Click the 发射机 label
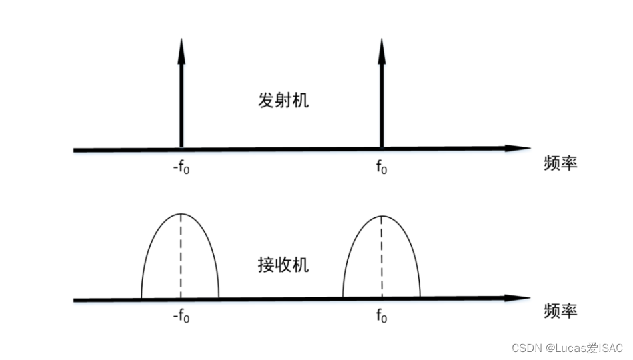tap(283, 101)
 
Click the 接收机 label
tap(283, 265)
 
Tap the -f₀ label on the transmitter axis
tap(181, 168)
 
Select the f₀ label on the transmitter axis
tap(381, 168)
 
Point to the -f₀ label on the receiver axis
tap(181, 317)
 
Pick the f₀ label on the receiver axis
tap(381, 317)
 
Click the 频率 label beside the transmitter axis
tap(560, 164)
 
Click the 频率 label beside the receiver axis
tap(560, 311)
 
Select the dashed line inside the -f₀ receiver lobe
tap(181, 257)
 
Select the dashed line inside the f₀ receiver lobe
tap(382, 257)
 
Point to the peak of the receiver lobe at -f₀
tap(181, 214)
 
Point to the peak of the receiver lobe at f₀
tap(382, 216)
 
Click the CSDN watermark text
tap(525, 348)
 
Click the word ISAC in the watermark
tap(608, 348)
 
